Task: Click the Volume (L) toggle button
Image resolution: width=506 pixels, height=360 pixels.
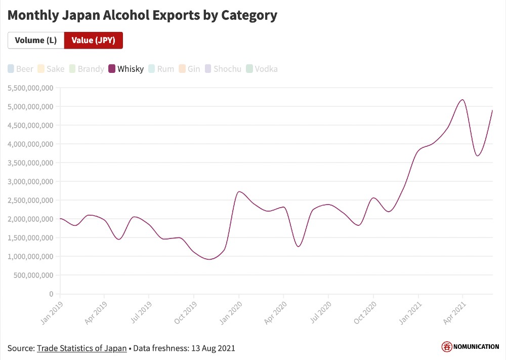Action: [x=35, y=41]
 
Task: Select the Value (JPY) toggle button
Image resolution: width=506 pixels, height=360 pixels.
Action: [x=93, y=41]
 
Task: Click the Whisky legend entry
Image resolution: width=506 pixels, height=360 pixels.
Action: [x=126, y=69]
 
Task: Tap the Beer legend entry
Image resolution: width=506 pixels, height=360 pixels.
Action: [x=21, y=69]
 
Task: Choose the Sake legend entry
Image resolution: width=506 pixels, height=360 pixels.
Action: [x=51, y=69]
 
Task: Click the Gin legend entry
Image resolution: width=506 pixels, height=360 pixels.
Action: [x=190, y=69]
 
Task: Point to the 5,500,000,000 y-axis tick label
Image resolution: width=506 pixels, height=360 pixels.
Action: [x=30, y=88]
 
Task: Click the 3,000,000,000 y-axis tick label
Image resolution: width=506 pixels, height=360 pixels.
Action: [x=30, y=181]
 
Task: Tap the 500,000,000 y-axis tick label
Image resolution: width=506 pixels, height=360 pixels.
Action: [x=33, y=275]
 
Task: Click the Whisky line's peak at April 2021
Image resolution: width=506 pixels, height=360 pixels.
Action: [x=462, y=100]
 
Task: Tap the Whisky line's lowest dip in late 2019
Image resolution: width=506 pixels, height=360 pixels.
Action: [x=209, y=259]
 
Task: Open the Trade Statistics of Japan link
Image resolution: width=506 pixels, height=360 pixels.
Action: [x=81, y=348]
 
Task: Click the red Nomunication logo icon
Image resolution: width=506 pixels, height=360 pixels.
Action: [x=447, y=347]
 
